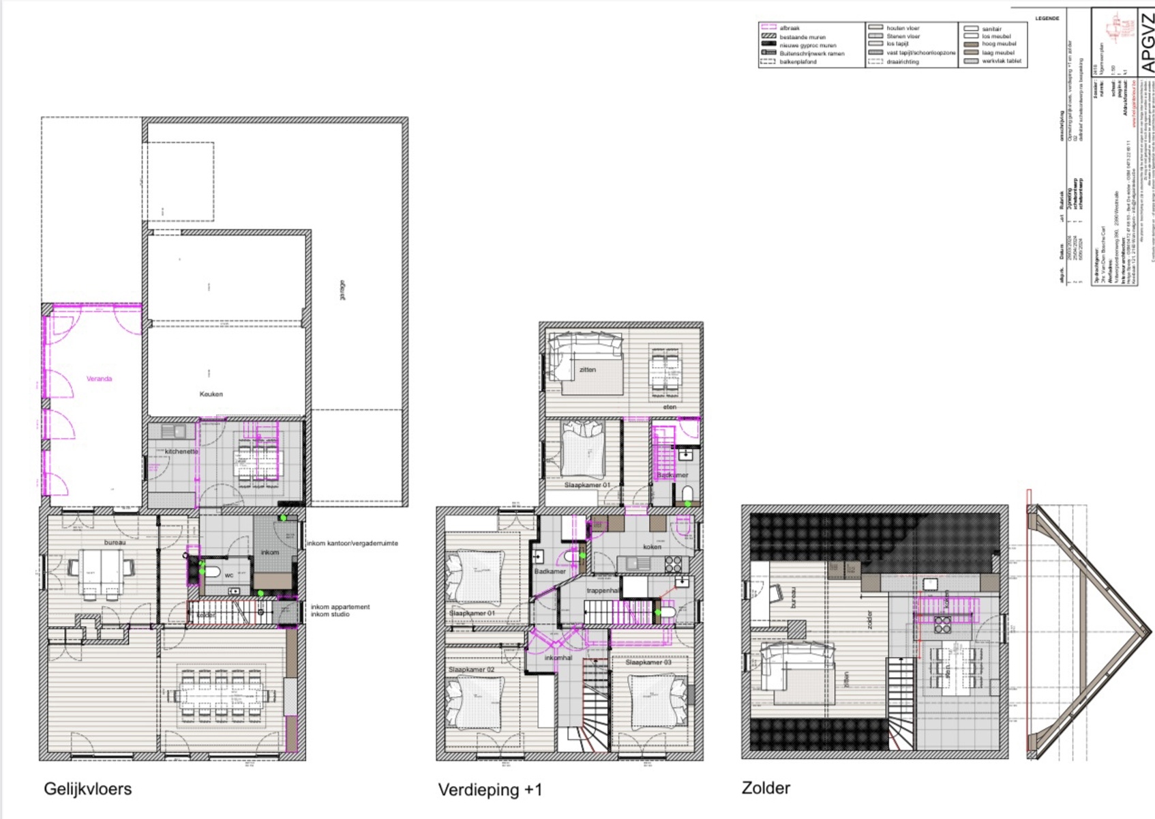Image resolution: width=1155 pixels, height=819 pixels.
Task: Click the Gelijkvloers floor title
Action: pyautogui.click(x=87, y=789)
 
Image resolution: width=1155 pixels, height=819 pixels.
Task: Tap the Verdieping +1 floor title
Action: pyautogui.click(x=490, y=790)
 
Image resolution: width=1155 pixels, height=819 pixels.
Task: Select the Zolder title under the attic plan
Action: pyautogui.click(x=766, y=788)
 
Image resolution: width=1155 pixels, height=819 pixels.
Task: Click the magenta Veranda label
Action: pyautogui.click(x=99, y=379)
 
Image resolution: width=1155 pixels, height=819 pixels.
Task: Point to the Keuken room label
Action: pyautogui.click(x=211, y=394)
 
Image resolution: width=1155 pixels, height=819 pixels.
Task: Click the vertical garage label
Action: pyautogui.click(x=342, y=289)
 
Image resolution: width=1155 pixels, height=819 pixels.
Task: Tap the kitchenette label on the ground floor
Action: pyautogui.click(x=181, y=452)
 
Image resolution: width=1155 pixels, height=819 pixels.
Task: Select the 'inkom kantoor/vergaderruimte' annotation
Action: pyautogui.click(x=352, y=543)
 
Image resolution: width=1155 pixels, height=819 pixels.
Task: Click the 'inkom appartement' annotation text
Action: pyautogui.click(x=340, y=607)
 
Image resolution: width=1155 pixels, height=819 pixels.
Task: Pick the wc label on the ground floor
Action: pyautogui.click(x=229, y=575)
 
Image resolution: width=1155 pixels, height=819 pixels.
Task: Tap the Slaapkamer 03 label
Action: pyautogui.click(x=648, y=663)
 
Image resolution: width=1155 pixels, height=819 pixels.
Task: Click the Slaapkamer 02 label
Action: pyautogui.click(x=471, y=670)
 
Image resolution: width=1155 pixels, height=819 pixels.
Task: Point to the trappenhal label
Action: pyautogui.click(x=603, y=590)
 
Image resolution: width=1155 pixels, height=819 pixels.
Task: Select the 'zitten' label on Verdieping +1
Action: pyautogui.click(x=587, y=370)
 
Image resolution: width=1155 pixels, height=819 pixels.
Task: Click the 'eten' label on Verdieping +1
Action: pyautogui.click(x=670, y=407)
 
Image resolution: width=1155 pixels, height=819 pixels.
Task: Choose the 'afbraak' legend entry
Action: pyautogui.click(x=789, y=28)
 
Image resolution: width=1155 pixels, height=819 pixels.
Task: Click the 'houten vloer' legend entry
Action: pyautogui.click(x=903, y=28)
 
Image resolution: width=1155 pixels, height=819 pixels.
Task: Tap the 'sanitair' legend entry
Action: pyautogui.click(x=991, y=29)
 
